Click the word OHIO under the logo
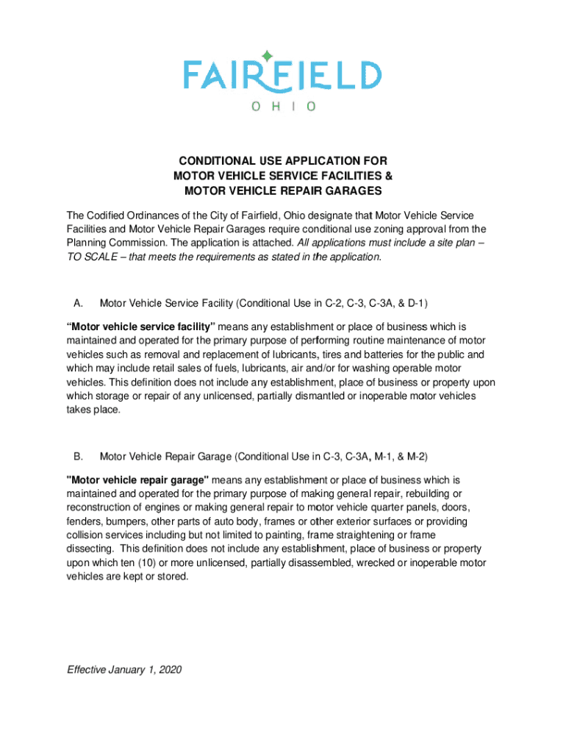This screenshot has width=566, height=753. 283,107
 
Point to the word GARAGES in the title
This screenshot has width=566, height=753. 350,190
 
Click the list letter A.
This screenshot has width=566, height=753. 77,302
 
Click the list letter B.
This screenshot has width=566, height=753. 77,456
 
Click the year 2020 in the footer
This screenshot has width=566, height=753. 168,670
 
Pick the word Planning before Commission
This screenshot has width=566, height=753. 87,243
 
